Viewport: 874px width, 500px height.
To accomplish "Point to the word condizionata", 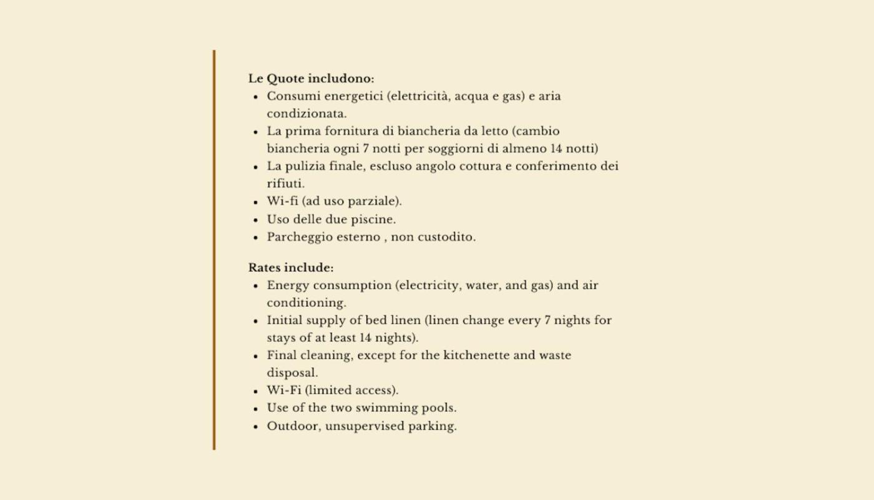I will point(306,114).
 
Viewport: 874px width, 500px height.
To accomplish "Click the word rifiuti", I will point(285,184).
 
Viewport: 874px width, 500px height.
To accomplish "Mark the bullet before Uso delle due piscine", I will point(256,220).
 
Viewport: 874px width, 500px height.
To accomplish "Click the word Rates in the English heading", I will point(264,267).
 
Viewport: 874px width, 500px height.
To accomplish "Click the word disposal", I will point(292,372).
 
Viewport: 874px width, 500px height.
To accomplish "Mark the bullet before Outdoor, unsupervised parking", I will point(256,426).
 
